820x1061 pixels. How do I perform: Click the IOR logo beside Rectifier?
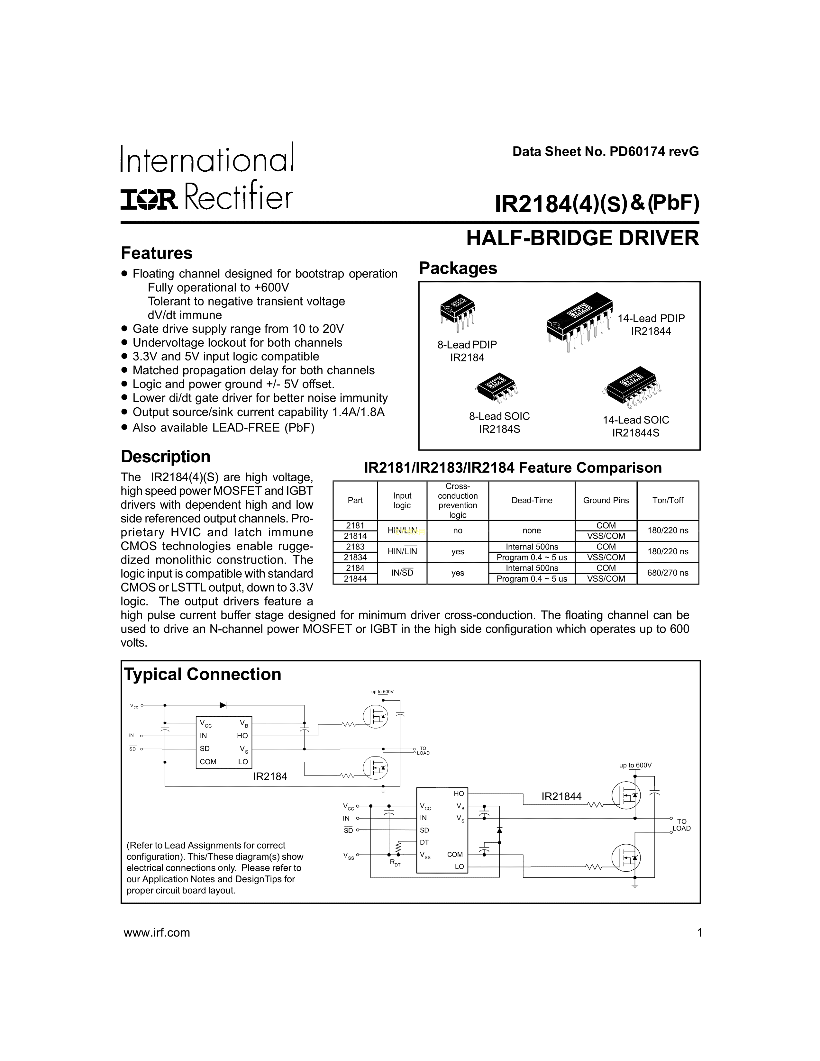(x=149, y=200)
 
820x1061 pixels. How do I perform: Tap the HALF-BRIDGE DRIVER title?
(x=582, y=239)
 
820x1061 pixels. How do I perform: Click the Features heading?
(x=156, y=253)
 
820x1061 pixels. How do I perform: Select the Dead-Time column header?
(x=532, y=500)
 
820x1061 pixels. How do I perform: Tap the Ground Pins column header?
(x=606, y=500)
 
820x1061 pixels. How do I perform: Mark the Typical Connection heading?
(x=203, y=674)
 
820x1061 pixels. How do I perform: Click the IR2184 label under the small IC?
(x=270, y=777)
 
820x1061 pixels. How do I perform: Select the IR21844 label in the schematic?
(x=561, y=796)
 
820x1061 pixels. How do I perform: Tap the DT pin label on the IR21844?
(x=424, y=842)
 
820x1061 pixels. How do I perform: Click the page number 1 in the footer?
(x=699, y=933)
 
